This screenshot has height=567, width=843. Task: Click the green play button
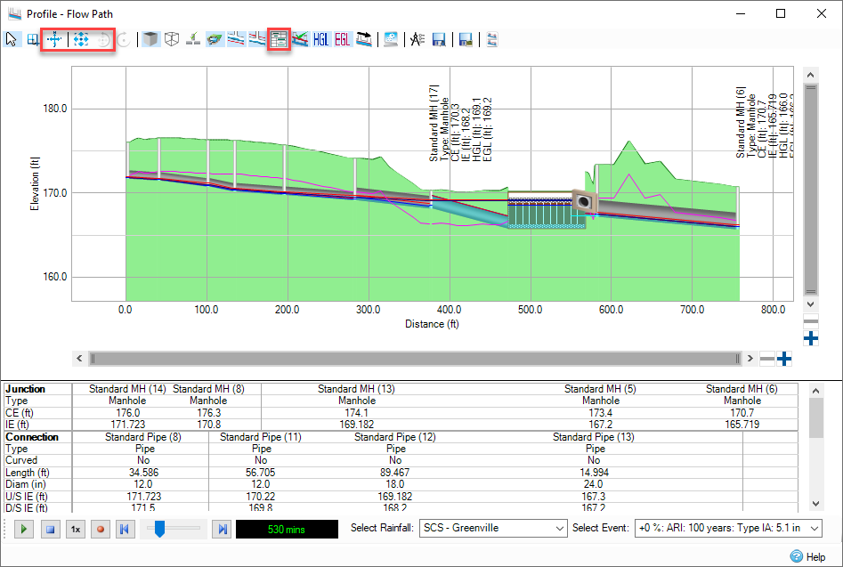[x=25, y=529]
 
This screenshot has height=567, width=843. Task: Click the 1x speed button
[x=76, y=529]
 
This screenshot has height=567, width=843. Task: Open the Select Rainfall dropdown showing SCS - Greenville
[x=493, y=528]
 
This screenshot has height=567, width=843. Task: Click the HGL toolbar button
[x=321, y=39]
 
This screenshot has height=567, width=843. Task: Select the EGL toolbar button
[x=343, y=39]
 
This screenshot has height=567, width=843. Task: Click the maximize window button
[x=780, y=13]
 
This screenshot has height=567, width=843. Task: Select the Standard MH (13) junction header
[x=356, y=389]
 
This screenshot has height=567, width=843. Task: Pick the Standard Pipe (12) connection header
[x=395, y=437]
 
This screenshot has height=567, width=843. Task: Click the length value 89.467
[x=395, y=472]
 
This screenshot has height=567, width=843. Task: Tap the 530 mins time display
[x=287, y=530]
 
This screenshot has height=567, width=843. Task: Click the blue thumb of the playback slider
[x=160, y=529]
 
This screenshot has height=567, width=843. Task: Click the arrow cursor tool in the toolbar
[x=12, y=39]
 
